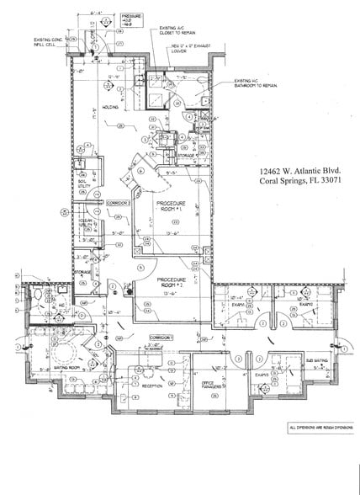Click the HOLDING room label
pyautogui.click(x=109, y=107)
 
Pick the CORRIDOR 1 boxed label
pyautogui.click(x=160, y=336)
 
